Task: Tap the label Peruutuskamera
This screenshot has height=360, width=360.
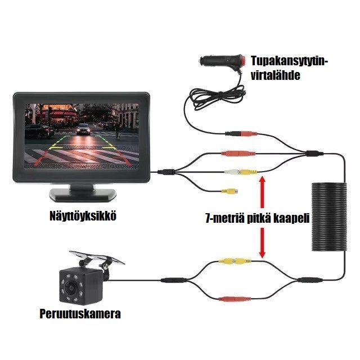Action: (x=80, y=313)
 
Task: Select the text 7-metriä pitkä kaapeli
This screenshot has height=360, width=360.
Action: (x=258, y=219)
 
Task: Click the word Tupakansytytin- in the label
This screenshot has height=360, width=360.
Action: (x=288, y=61)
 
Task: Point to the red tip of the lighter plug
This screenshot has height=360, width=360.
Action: (x=243, y=58)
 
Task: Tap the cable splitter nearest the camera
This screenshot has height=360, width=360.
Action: (x=171, y=280)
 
